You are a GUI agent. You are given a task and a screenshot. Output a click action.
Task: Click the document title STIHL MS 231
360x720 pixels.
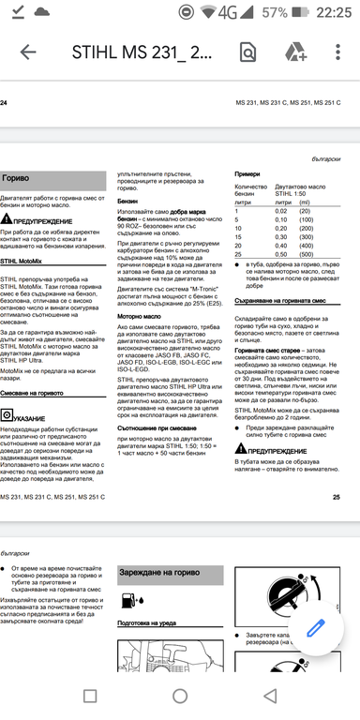tap(142, 52)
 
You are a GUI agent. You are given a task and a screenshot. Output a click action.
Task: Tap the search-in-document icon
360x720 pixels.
tap(247, 52)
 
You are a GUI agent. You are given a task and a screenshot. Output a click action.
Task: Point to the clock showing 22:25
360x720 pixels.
tap(333, 12)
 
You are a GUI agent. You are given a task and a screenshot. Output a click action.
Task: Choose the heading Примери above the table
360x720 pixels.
tap(247, 173)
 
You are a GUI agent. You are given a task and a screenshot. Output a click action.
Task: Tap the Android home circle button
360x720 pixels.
tap(180, 696)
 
